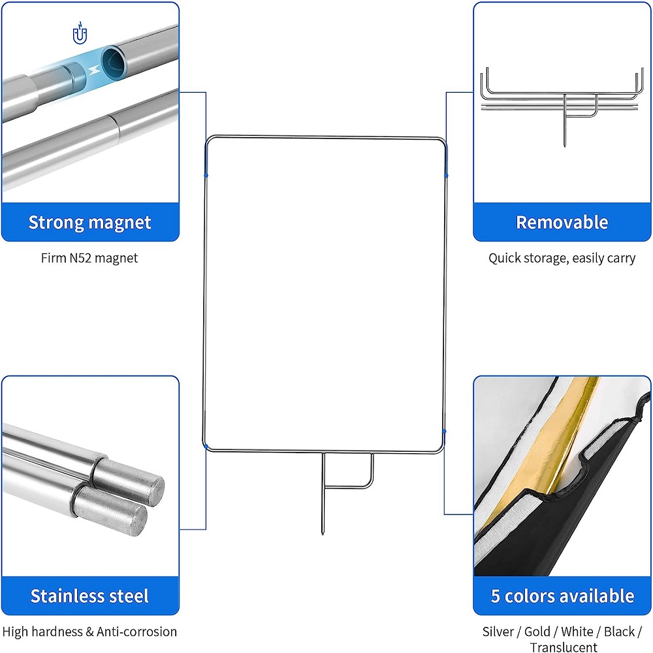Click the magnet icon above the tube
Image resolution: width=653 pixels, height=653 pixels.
80,34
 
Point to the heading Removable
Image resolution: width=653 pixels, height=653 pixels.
562,223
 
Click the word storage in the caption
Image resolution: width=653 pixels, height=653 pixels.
543,258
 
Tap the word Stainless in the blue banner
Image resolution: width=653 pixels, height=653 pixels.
63,596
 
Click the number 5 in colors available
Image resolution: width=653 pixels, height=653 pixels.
496,596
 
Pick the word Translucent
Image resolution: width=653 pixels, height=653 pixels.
564,647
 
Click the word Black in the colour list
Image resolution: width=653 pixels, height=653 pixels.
619,631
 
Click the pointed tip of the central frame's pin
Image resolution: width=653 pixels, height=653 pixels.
323,534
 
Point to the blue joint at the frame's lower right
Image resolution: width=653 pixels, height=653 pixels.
444,432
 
